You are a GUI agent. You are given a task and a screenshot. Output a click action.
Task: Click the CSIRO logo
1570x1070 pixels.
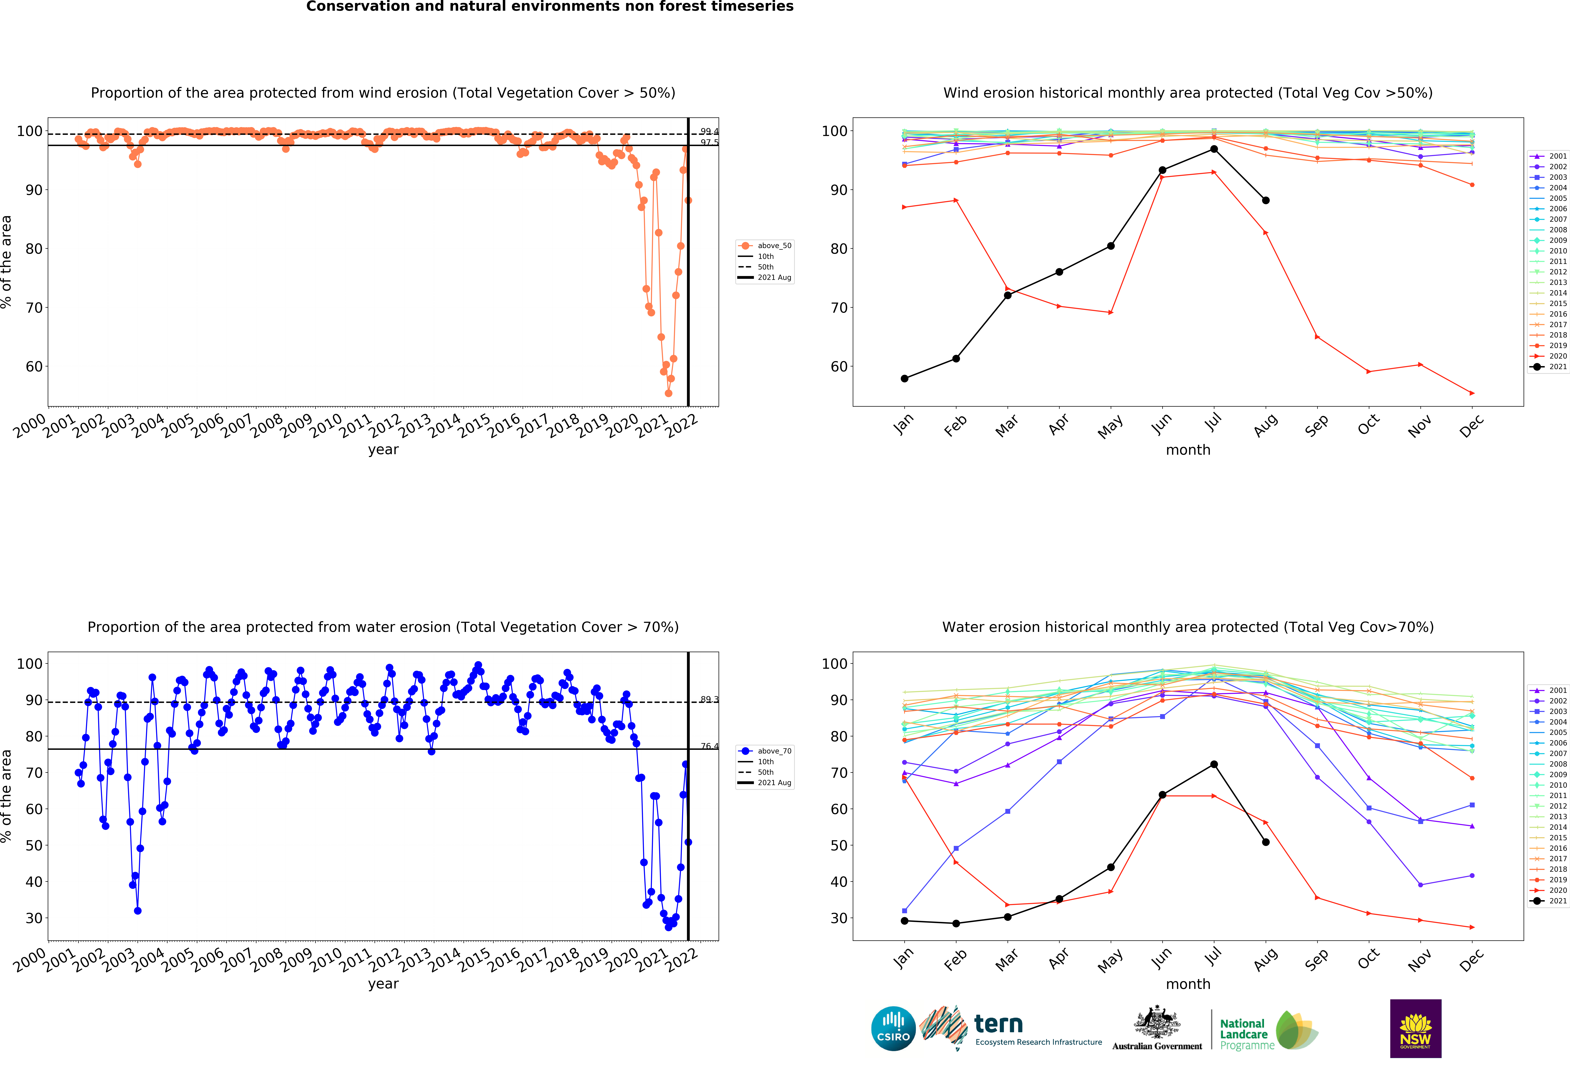[x=893, y=1029]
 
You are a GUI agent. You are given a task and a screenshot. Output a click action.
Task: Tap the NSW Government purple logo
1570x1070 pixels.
[x=1415, y=1028]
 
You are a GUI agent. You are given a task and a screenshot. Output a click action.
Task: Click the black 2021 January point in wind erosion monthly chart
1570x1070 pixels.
[x=905, y=378]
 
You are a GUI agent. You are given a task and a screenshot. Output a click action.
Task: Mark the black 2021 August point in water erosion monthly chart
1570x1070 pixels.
[x=1265, y=842]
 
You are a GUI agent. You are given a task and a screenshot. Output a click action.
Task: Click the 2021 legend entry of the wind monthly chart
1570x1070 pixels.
[x=1552, y=367]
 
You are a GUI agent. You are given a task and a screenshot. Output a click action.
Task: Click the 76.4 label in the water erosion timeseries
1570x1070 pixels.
[x=709, y=746]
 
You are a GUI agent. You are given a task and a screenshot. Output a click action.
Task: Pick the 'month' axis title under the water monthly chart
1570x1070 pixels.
[x=1188, y=984]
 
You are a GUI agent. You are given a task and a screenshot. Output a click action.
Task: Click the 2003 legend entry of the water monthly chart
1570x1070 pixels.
[x=1552, y=711]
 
